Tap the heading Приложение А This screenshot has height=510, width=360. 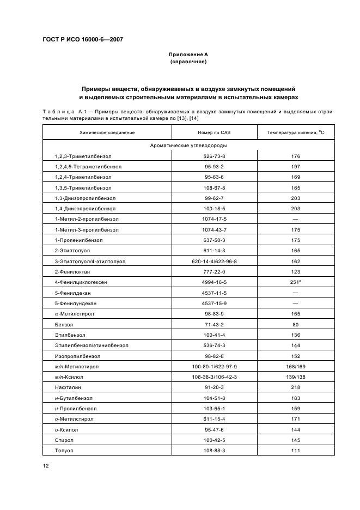pos(188,55)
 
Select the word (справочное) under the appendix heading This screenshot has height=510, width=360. pos(188,62)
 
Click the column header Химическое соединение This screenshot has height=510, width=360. pos(107,132)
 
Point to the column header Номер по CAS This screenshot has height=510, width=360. pos(214,132)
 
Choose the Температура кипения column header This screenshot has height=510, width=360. pos(296,132)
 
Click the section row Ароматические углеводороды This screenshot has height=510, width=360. pos(188,145)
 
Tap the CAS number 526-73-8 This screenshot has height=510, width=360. pos(214,156)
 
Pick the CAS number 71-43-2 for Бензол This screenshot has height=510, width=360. pos(214,324)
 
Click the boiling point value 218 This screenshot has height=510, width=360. pos(296,387)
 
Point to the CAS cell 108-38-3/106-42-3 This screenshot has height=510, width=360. pos(214,377)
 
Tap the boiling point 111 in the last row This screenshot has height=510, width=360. pos(296,451)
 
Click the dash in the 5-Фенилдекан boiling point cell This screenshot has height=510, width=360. pos(296,293)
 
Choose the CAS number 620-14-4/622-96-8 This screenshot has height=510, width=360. pos(214,262)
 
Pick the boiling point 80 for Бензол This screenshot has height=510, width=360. pos(296,324)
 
